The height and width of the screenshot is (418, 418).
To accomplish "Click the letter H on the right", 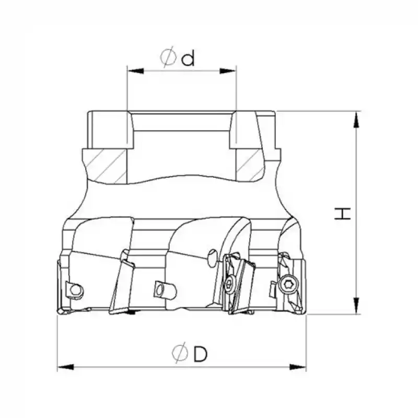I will [x=342, y=213].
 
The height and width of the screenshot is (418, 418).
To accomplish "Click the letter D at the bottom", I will [x=199, y=355].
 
